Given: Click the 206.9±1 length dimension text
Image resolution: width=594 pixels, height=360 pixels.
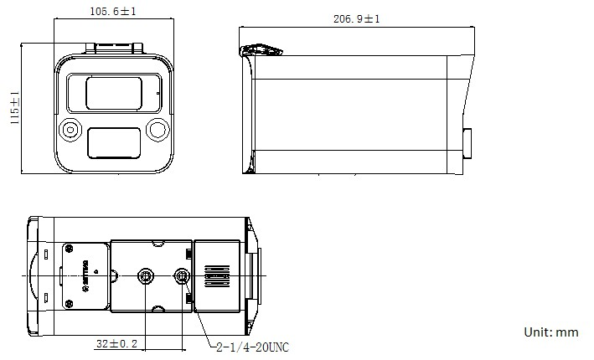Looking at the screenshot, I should click(x=357, y=18).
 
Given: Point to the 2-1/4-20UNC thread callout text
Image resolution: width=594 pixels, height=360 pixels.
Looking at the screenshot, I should click(x=252, y=346).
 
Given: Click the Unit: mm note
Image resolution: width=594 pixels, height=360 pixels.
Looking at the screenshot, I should click(x=550, y=332).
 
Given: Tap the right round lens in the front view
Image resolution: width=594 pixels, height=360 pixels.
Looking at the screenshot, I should click(x=157, y=130).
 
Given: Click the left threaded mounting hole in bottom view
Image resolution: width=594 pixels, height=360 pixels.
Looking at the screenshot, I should click(x=147, y=275).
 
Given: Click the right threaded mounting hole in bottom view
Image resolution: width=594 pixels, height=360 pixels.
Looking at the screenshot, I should click(x=182, y=275).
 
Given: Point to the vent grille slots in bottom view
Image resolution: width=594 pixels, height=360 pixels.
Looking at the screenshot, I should click(x=215, y=275).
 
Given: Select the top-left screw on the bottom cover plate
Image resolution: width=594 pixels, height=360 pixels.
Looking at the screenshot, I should click(x=70, y=249).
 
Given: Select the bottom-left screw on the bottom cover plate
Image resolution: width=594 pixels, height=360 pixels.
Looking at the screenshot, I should click(x=70, y=300).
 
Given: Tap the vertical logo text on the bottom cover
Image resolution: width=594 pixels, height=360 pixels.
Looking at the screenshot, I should click(x=85, y=275).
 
